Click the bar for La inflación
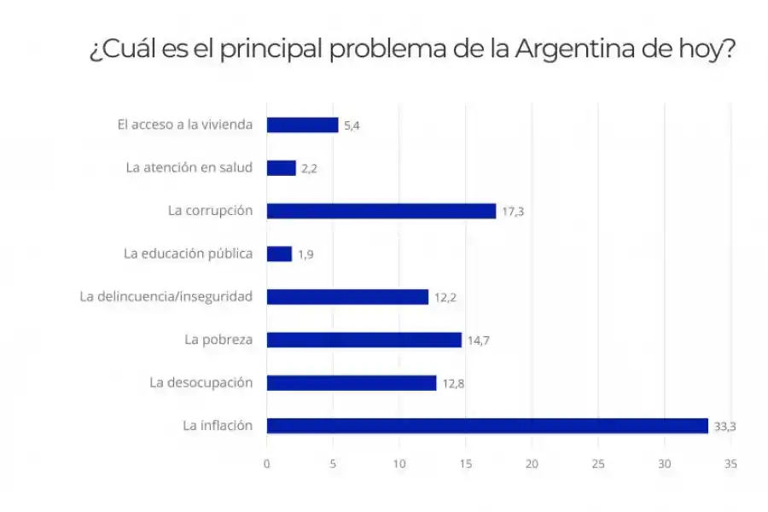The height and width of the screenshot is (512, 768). (x=487, y=426)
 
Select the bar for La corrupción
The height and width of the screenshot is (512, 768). (x=381, y=211)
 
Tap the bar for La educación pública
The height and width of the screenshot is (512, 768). (x=279, y=254)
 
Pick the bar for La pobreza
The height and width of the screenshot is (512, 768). (x=364, y=340)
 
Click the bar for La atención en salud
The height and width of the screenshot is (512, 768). (x=281, y=168)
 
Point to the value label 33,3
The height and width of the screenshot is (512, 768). (x=724, y=427)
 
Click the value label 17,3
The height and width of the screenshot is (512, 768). (x=513, y=212)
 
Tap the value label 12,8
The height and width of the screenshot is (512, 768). (x=453, y=383)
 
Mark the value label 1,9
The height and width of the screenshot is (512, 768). (x=306, y=254)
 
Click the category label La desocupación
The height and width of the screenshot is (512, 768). (x=201, y=382)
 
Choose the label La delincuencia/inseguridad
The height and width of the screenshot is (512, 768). (x=166, y=297)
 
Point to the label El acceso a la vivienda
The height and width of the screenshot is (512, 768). (x=185, y=125)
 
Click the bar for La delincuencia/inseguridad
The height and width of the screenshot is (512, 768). (x=347, y=297)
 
